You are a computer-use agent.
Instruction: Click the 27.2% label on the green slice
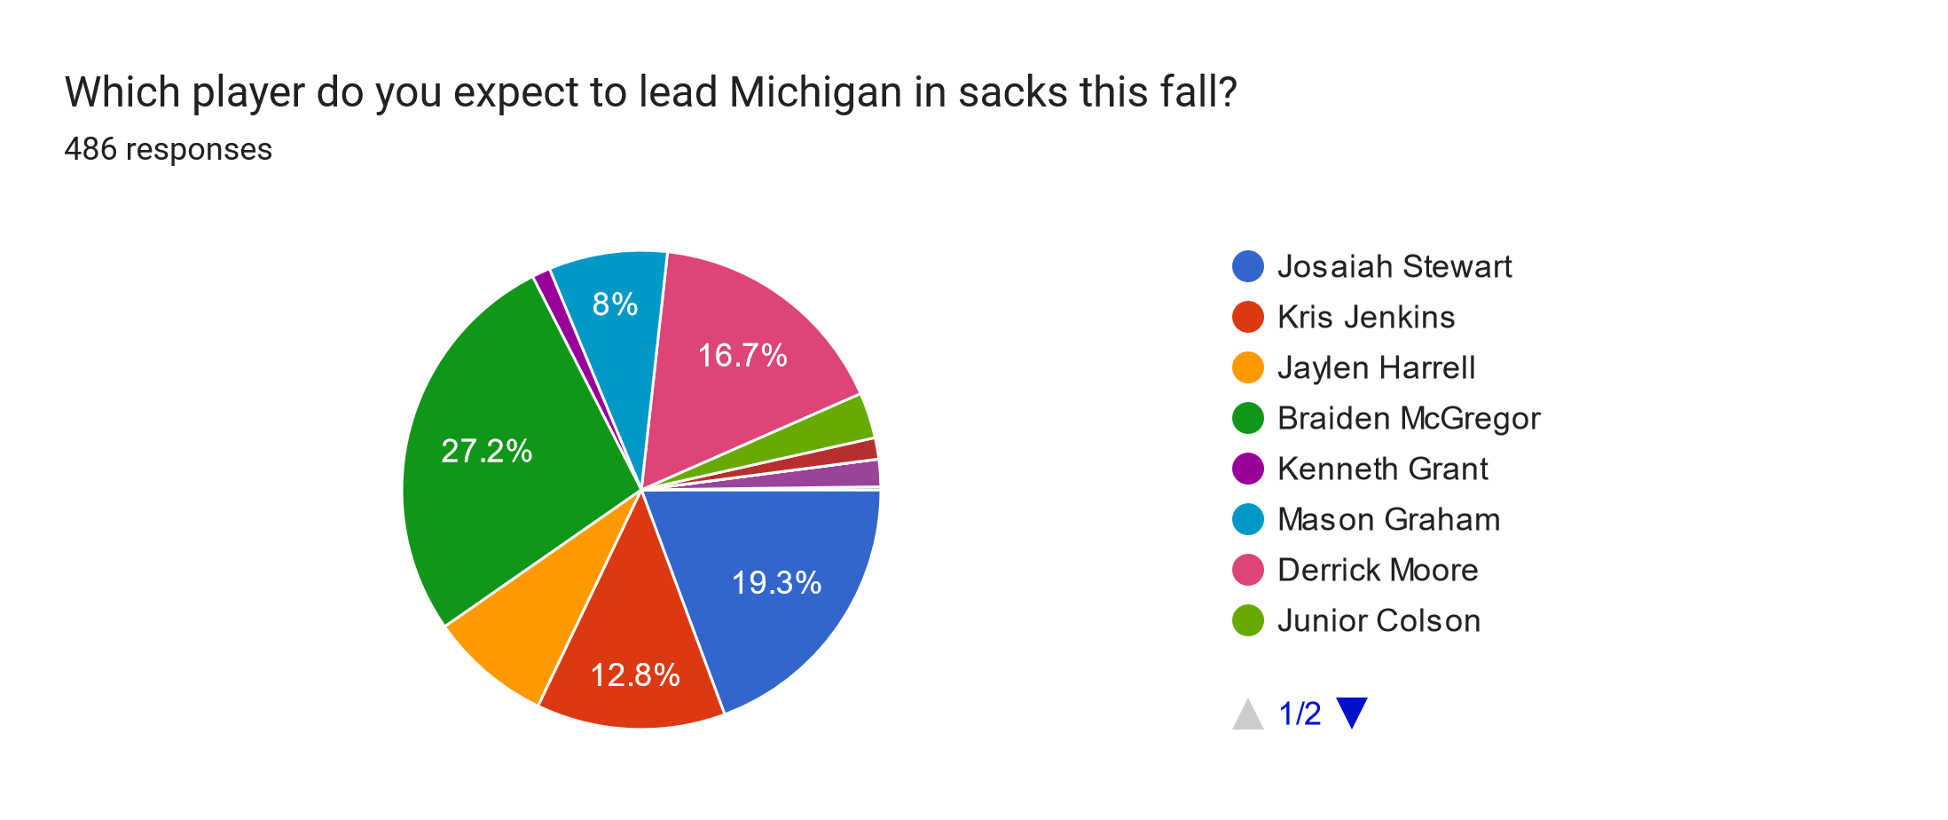486,451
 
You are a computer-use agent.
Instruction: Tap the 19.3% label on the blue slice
776,582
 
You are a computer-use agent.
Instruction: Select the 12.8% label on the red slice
635,675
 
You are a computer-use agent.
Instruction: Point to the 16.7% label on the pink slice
742,355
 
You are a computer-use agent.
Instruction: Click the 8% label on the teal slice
615,304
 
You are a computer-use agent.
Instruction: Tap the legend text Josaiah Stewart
1394,266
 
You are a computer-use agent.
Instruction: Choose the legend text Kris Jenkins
1366,317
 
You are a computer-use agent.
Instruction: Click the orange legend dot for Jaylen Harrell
1248,367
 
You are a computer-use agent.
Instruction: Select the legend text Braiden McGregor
1409,418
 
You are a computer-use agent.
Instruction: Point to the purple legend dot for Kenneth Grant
1248,469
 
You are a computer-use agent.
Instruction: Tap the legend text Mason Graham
1389,519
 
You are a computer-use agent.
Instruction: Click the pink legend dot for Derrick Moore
1248,570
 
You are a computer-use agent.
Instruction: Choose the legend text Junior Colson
1379,620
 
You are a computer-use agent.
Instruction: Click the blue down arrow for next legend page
1352,713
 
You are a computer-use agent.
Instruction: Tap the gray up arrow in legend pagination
1248,714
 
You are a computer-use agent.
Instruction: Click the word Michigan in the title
816,93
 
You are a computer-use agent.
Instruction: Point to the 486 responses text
169,149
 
